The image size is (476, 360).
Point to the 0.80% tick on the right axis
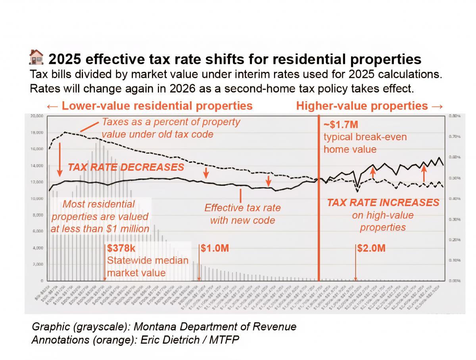(x=454, y=116)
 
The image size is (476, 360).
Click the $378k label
(x=121, y=248)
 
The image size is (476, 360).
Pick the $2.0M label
(x=371, y=248)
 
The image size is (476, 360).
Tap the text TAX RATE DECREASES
(x=126, y=167)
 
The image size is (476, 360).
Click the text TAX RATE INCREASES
(x=383, y=203)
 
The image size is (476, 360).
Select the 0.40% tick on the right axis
(x=454, y=198)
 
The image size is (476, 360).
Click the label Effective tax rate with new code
(x=242, y=214)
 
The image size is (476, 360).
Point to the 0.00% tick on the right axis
(x=454, y=281)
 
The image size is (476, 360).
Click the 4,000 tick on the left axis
(x=37, y=248)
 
